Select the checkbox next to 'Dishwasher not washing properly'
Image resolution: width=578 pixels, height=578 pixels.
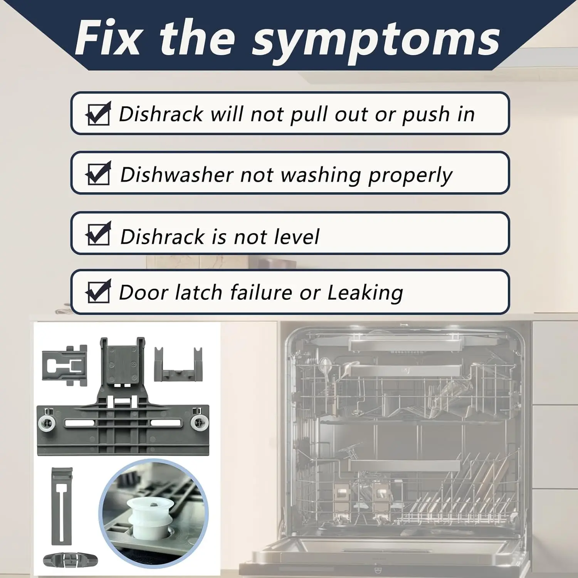point(99,173)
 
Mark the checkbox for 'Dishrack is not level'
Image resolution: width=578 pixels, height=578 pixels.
point(99,234)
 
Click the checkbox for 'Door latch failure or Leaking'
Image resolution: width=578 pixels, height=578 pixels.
point(99,291)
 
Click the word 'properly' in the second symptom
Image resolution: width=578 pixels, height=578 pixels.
point(410,176)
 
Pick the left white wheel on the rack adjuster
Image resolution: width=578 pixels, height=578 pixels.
point(47,423)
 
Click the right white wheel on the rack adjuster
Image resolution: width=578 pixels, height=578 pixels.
point(200,423)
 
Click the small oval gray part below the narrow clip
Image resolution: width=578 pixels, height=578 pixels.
point(70,560)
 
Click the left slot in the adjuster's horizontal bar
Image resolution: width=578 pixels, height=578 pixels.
point(80,423)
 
